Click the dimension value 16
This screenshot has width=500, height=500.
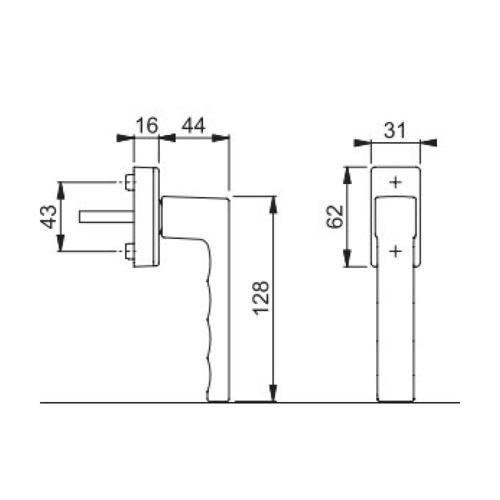coord(146,125)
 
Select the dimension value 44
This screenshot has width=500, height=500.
coord(193,125)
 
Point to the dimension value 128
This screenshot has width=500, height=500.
coord(262,298)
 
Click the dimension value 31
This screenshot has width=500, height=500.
coord(395,131)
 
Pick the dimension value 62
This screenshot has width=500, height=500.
coord(334,216)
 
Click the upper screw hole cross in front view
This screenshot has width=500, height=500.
coord(395,182)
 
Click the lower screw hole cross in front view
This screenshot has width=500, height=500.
coord(395,251)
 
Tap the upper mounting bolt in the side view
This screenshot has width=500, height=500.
coord(128,182)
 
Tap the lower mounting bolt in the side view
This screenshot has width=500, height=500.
coord(128,251)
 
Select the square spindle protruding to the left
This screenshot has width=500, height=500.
coord(105,216)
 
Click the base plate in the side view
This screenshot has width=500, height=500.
coord(146,216)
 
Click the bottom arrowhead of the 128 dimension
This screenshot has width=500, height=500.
coord(273,395)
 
